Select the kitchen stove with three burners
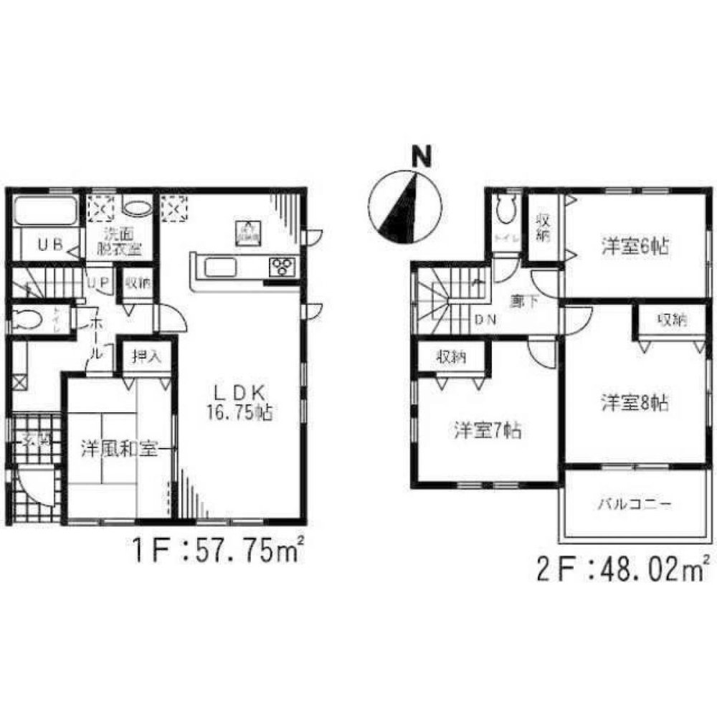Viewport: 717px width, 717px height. [x=282, y=266]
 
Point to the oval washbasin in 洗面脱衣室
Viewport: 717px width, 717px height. [x=136, y=208]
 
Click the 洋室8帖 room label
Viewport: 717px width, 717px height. [x=635, y=403]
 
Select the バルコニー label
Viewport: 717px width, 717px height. [x=635, y=504]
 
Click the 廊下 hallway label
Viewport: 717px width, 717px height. [x=520, y=302]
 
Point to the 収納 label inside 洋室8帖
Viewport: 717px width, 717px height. [x=671, y=320]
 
